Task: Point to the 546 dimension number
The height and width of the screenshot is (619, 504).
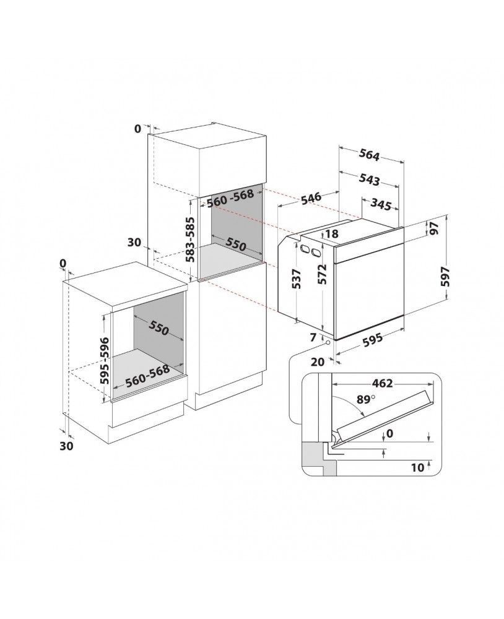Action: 310,198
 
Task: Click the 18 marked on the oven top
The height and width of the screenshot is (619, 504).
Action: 331,234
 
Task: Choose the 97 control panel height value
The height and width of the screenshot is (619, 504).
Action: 433,228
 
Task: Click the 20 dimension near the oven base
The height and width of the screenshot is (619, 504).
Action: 319,362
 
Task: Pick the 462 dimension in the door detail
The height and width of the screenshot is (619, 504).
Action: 382,383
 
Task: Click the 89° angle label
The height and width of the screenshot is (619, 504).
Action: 366,401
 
